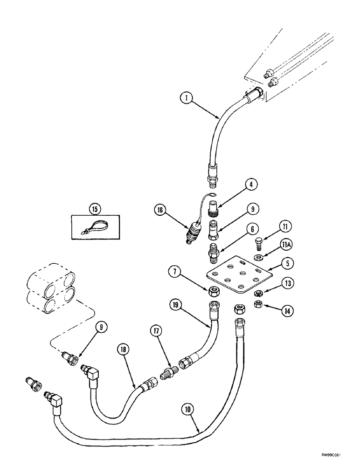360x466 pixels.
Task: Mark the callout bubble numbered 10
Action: click(187, 411)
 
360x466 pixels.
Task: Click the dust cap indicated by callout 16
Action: click(192, 232)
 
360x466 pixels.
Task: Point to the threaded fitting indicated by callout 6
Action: click(213, 250)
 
